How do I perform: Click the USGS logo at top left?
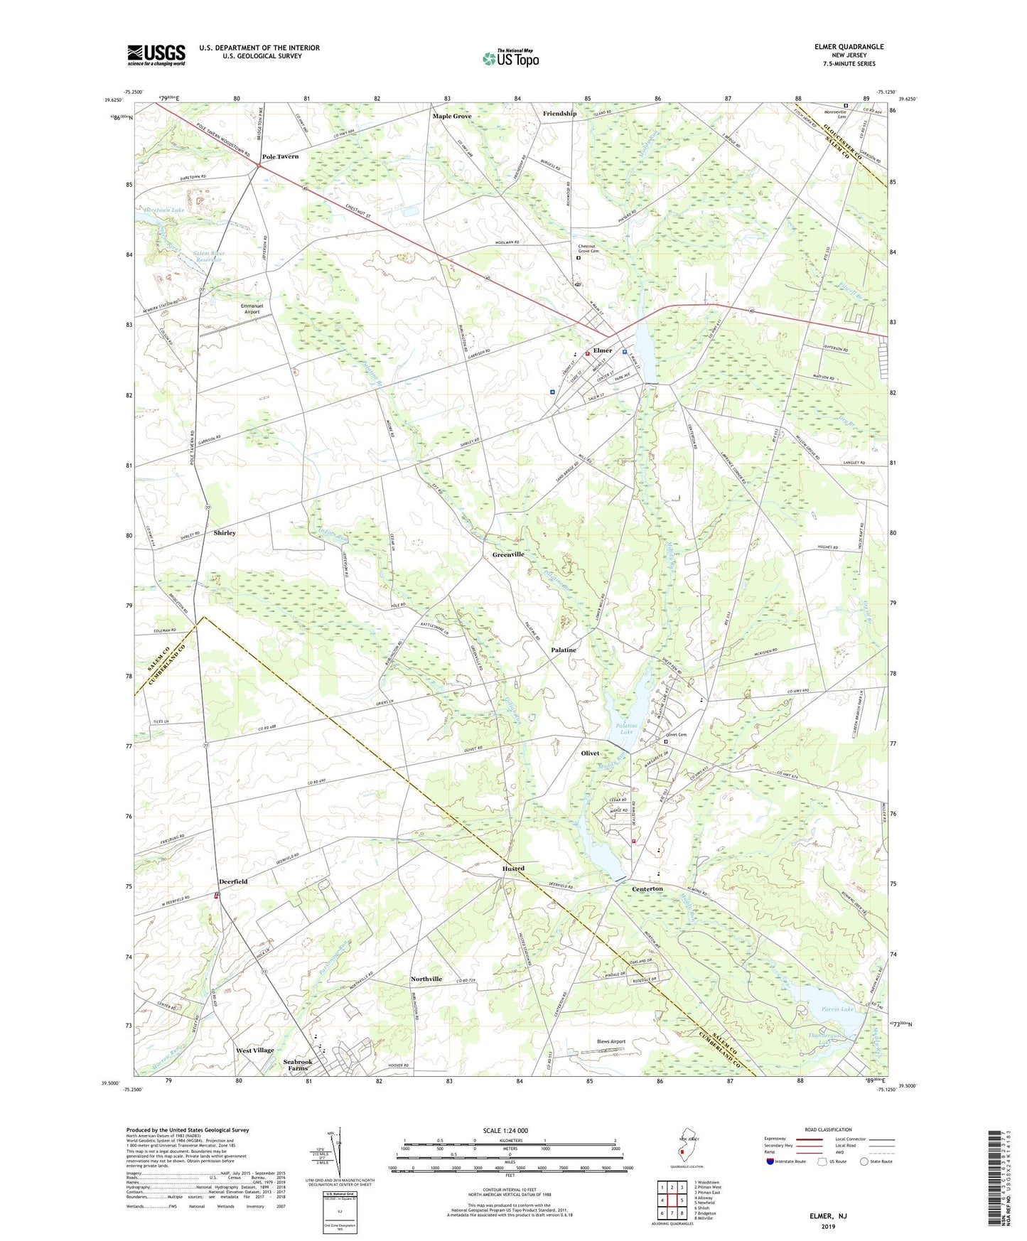point(156,55)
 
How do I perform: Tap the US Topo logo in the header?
point(510,58)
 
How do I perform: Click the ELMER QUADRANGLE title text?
point(849,47)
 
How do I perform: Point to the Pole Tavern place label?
point(280,156)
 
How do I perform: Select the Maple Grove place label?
point(452,116)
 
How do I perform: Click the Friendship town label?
point(559,114)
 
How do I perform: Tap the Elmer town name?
point(603,350)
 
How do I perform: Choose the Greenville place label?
point(508,554)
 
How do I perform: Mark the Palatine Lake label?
point(626,729)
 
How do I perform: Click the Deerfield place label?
point(233,881)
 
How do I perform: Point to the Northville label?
point(426,979)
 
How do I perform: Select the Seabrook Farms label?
point(298,1065)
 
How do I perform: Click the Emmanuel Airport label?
point(252,308)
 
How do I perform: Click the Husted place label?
point(513,869)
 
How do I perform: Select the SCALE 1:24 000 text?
point(505,1131)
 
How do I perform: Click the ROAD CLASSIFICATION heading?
point(827,1129)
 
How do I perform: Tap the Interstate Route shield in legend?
point(770,1161)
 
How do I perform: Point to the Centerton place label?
point(647,888)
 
